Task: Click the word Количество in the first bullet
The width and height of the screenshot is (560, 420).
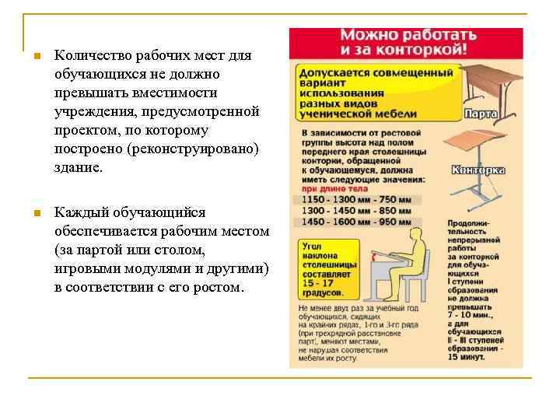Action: (x=88, y=56)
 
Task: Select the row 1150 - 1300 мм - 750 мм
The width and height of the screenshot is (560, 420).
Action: (x=356, y=200)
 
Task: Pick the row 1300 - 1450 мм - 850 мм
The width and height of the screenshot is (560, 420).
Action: (x=356, y=211)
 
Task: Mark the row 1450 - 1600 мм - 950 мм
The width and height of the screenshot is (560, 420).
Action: (x=356, y=222)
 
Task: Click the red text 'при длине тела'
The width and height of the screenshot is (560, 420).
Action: (x=325, y=188)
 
